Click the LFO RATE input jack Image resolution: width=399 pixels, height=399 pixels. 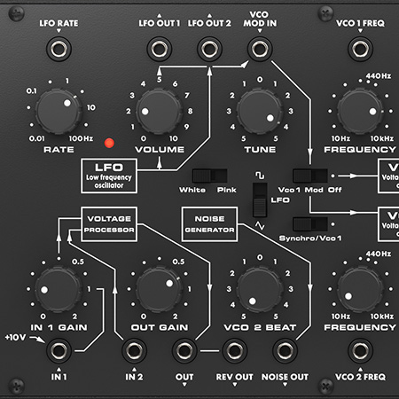[59, 48]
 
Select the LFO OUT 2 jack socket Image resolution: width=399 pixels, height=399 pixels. [209, 48]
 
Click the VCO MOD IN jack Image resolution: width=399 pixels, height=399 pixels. [260, 48]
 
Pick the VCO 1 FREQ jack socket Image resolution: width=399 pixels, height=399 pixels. [360, 48]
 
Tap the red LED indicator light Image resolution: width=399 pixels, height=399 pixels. [110, 142]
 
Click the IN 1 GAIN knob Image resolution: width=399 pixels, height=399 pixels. [59, 289]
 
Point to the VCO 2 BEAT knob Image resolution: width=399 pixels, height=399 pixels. [260, 289]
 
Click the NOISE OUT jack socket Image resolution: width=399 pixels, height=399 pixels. [285, 350]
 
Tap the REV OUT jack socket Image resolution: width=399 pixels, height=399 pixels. [235, 350]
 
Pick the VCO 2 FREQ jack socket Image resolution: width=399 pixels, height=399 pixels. [360, 350]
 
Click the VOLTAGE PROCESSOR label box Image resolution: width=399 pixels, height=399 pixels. [108, 224]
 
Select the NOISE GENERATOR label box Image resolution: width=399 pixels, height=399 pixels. [209, 225]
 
